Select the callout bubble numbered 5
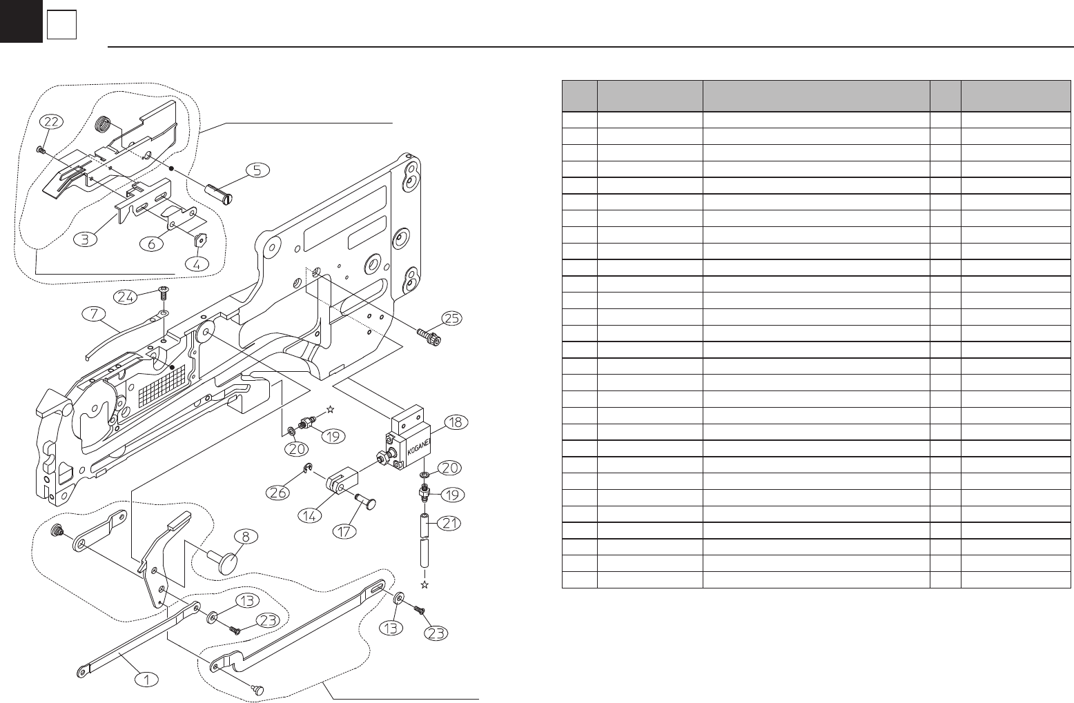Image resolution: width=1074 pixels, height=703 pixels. (x=256, y=169)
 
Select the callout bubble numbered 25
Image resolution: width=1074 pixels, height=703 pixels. (x=451, y=318)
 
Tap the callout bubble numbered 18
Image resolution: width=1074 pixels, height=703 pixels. (x=456, y=422)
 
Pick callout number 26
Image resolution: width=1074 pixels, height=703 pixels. (x=280, y=493)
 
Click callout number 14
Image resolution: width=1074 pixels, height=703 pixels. (x=313, y=515)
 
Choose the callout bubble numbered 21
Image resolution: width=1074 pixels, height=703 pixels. (x=449, y=524)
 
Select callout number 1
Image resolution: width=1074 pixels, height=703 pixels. (x=146, y=679)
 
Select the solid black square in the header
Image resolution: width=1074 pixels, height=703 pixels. (x=21, y=21)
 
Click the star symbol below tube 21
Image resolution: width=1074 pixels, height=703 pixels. (x=424, y=585)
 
